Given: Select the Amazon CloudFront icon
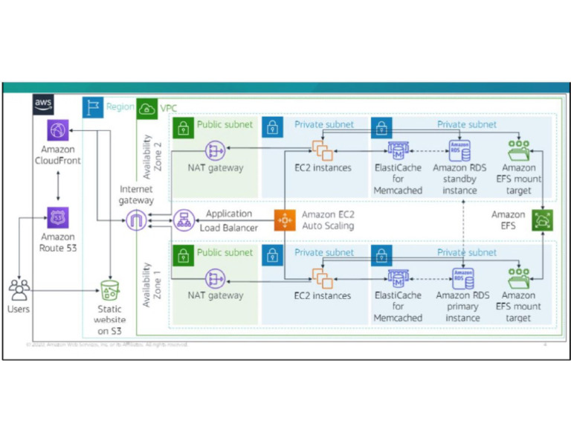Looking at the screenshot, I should [x=57, y=130].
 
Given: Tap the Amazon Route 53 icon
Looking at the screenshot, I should [x=57, y=219].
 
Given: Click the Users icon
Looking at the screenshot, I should [x=19, y=289].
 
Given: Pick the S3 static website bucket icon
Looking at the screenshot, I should [x=109, y=290].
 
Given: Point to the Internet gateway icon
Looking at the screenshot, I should [x=136, y=220].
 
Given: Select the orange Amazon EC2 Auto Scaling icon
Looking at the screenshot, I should [x=284, y=220].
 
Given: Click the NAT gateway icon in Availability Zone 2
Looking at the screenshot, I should [x=216, y=151].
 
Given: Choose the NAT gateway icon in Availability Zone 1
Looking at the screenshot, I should [x=216, y=279].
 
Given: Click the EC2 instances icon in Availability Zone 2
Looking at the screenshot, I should [x=322, y=151].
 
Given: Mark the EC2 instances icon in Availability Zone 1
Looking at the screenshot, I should [x=322, y=279].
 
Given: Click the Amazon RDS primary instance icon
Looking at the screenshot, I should [x=463, y=278].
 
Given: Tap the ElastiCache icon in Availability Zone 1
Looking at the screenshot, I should [x=399, y=278].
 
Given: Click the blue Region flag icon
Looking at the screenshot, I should [x=92, y=107].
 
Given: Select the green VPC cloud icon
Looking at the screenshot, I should [x=146, y=109].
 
